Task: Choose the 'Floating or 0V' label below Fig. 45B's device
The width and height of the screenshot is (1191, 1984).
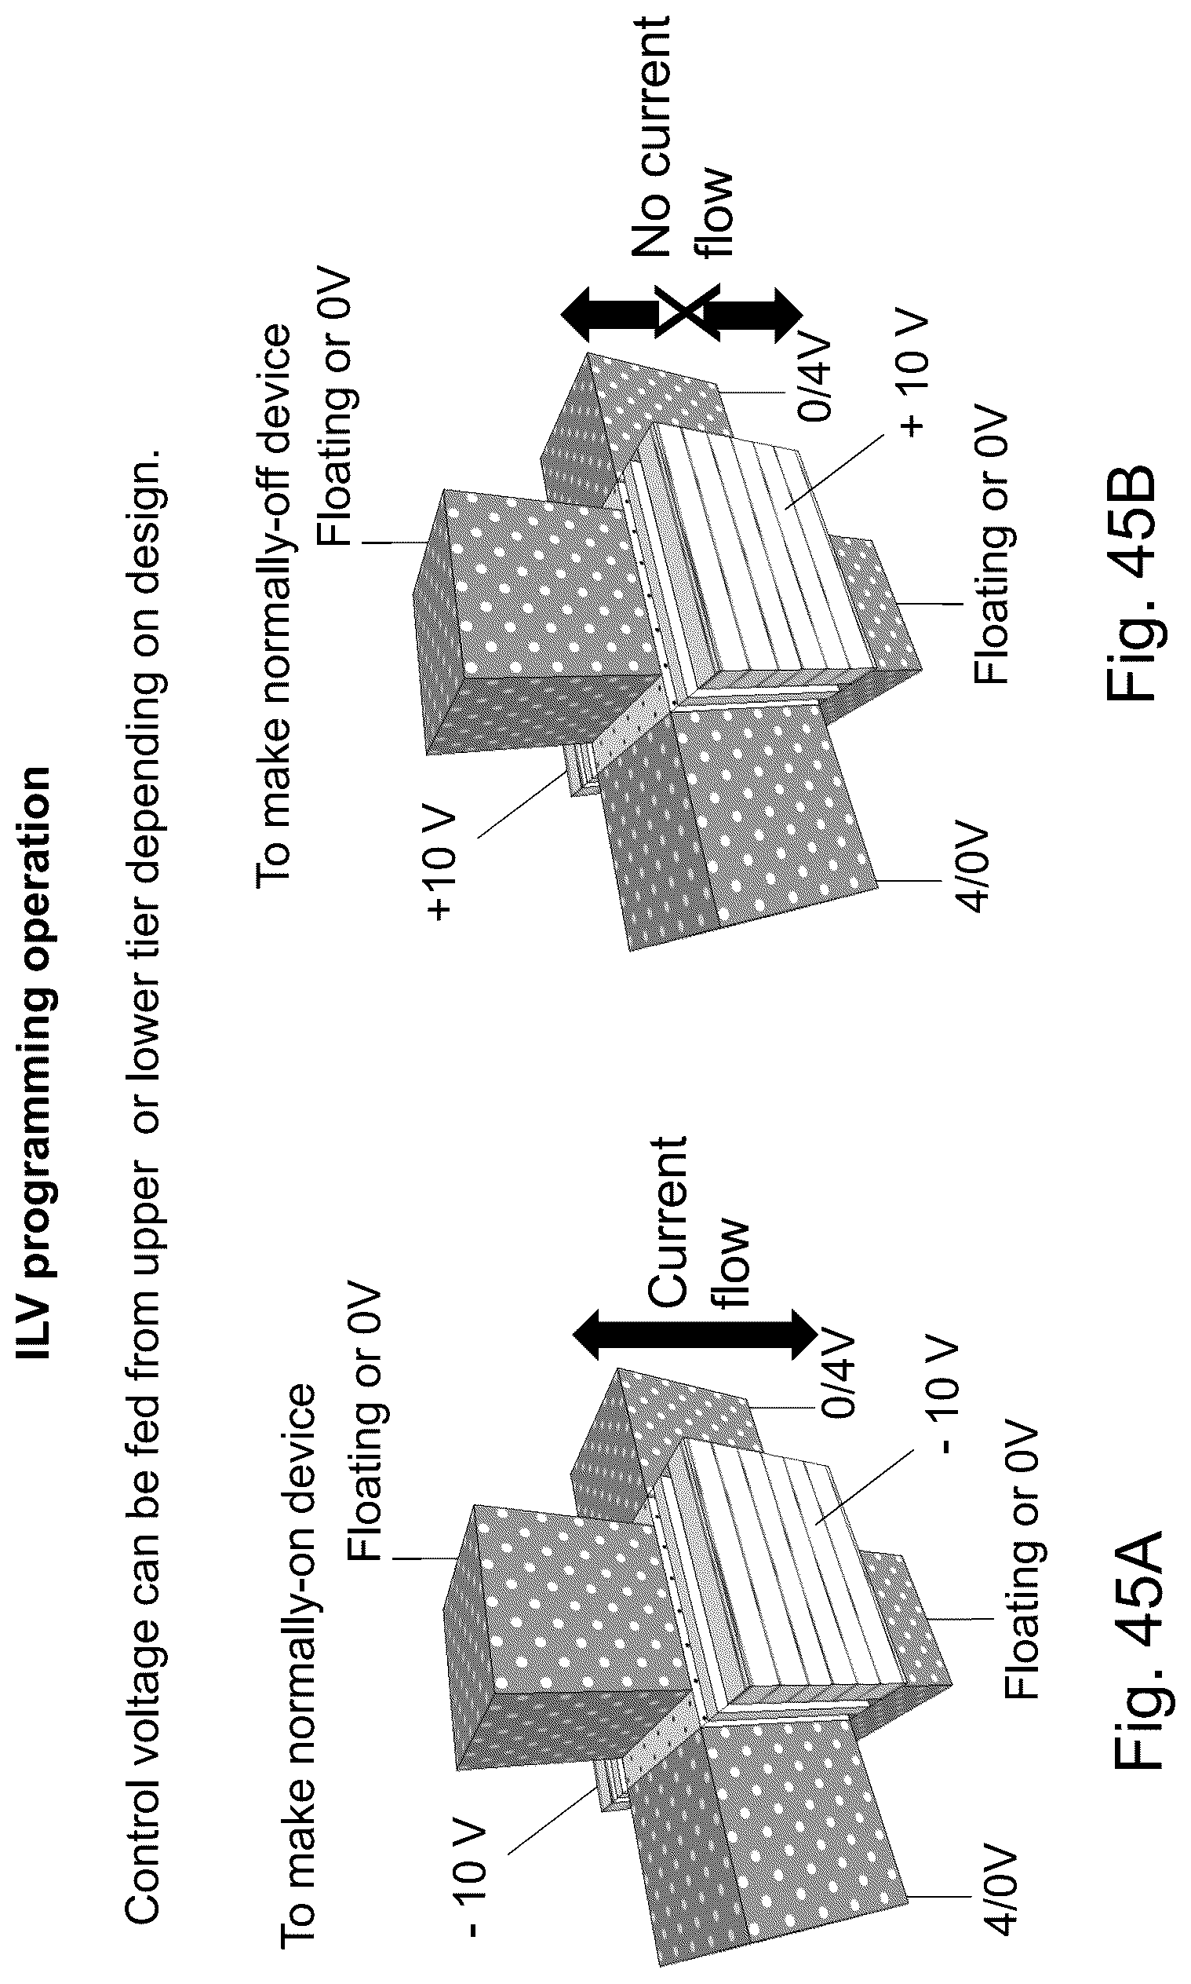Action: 990,545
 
